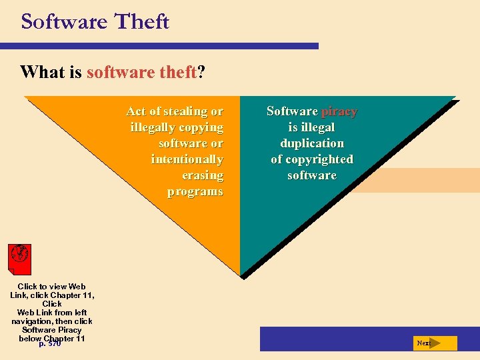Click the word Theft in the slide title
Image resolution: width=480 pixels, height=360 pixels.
click(142, 21)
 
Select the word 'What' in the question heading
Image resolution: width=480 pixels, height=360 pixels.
click(43, 71)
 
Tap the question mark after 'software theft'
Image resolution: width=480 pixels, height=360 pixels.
click(201, 71)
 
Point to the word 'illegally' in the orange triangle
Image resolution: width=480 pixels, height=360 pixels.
click(154, 127)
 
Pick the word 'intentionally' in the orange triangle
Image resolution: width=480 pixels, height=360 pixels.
click(187, 159)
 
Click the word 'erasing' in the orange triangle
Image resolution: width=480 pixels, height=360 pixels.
click(203, 175)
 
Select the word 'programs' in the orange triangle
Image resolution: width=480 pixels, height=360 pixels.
click(195, 191)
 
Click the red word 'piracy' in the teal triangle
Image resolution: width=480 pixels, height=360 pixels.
click(339, 111)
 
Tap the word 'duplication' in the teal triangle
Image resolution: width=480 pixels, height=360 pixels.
click(312, 143)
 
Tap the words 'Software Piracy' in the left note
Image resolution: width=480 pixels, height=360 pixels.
click(52, 330)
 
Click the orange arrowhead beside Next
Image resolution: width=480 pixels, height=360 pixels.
click(436, 343)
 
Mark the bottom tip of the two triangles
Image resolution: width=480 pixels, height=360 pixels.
click(240, 275)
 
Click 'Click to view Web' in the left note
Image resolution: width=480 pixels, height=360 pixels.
click(52, 287)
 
